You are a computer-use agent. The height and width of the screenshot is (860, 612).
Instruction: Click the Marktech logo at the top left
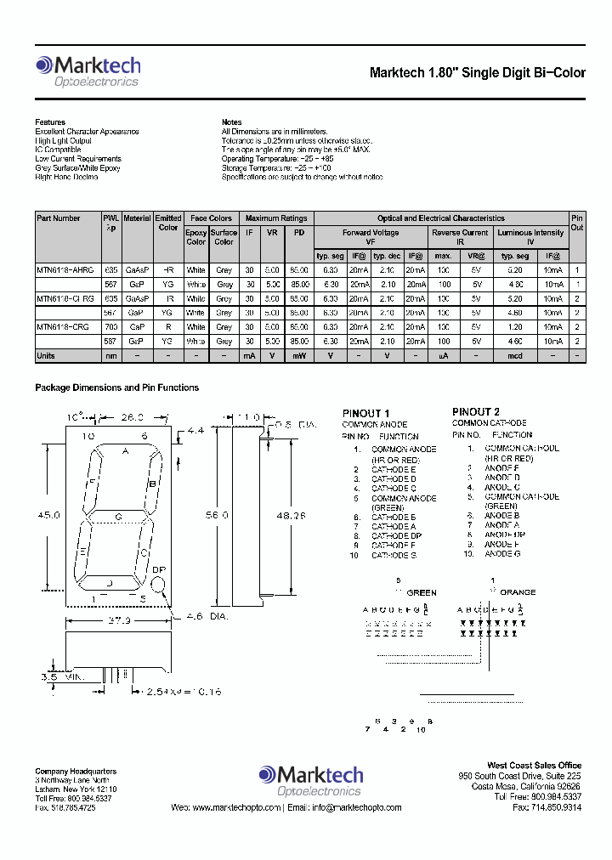88,71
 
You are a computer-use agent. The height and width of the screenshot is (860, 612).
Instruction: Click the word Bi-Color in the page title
557,73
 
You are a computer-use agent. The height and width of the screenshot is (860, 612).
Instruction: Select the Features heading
50,122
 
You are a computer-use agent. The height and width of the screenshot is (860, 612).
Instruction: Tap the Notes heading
231,122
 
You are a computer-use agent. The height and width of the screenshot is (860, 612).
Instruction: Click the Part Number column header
59,218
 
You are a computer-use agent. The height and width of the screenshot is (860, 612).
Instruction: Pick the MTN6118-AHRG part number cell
67,269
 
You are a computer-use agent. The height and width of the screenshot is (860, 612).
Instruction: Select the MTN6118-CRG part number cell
65,326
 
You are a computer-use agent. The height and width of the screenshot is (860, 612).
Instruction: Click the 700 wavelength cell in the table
110,326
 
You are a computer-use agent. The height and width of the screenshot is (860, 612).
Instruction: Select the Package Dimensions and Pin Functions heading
116,388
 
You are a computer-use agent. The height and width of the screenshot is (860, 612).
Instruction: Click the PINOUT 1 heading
366,413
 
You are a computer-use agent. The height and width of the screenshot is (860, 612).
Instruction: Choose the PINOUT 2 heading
476,411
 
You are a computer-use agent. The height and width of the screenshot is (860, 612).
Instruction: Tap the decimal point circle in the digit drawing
159,585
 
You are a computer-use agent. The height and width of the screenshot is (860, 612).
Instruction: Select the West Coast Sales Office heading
534,766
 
